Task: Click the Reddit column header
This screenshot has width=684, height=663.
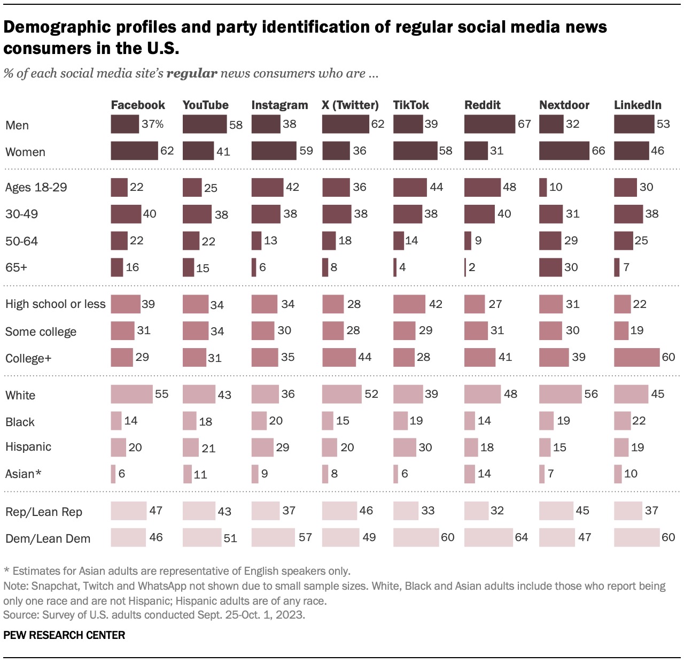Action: click(x=482, y=105)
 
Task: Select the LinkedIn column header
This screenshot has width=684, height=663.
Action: click(x=638, y=105)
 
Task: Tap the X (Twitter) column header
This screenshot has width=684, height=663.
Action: click(x=350, y=105)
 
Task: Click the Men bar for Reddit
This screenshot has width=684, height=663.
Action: click(x=489, y=124)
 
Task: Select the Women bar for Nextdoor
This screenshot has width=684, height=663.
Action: click(x=564, y=151)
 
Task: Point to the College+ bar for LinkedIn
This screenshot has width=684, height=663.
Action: click(x=636, y=357)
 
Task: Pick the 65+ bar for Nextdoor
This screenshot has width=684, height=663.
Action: click(x=550, y=267)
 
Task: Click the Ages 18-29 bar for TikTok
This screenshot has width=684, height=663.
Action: click(x=410, y=187)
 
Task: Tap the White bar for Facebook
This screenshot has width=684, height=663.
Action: click(x=131, y=394)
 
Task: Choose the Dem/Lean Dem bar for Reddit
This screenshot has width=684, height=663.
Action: click(x=488, y=537)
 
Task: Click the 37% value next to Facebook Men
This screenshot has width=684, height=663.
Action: click(x=153, y=124)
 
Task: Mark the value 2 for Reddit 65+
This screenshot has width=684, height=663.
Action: click(x=472, y=267)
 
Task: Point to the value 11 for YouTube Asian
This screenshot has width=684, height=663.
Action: click(x=200, y=474)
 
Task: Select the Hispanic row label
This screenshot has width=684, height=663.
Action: click(x=28, y=447)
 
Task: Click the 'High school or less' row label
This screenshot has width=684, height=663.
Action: click(x=56, y=304)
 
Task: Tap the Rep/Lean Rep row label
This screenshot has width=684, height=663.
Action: click(x=44, y=512)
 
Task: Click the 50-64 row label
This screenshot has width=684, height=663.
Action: click(x=21, y=241)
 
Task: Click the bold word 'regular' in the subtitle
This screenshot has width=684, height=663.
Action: click(x=192, y=73)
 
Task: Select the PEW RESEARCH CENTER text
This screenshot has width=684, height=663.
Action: click(x=64, y=635)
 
